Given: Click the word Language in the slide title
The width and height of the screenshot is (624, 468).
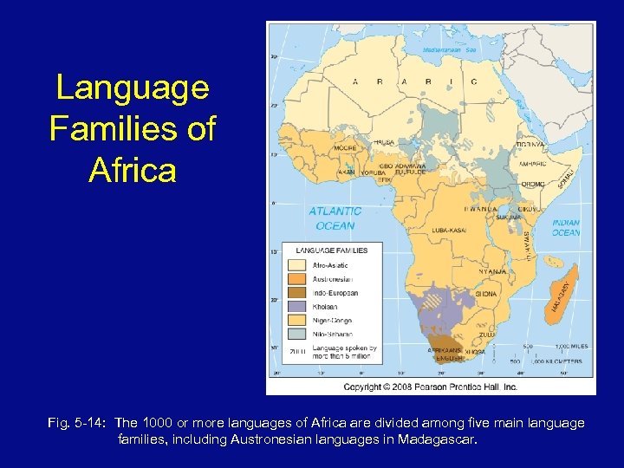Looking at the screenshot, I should pos(133,88).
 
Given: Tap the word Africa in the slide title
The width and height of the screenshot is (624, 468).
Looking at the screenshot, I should pos(133,170).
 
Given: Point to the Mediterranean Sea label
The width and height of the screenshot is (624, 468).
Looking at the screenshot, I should pos(449,49).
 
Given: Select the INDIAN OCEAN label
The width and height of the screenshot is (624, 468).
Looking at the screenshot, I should pos(566,228).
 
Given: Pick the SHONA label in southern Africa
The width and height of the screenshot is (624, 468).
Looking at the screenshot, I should pos(486,294).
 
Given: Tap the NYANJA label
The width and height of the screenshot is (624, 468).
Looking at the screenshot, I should pos(491,271).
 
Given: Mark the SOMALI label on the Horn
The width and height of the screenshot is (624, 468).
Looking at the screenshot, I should pos(568,180).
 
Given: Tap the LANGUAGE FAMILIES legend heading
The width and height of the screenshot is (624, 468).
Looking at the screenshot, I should pos(332,250).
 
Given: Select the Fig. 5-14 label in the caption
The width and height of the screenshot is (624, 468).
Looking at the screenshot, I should pos(75,423).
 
